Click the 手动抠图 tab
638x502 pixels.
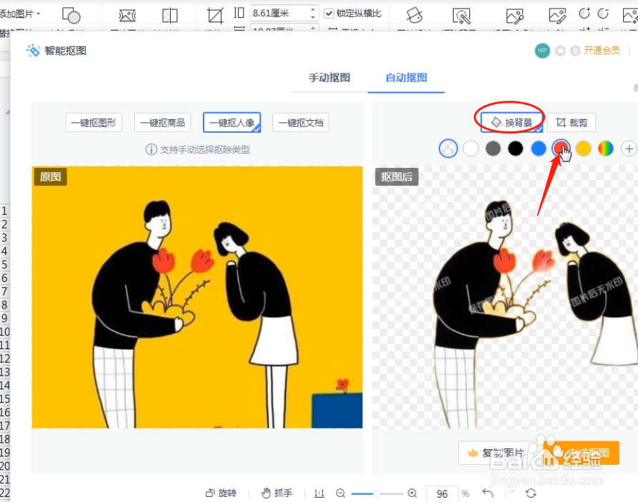click(x=329, y=78)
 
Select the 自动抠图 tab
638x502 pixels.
click(x=406, y=78)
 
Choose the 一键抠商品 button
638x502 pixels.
click(x=163, y=123)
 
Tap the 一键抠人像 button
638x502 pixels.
click(x=231, y=123)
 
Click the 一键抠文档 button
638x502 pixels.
click(x=300, y=123)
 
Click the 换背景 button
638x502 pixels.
click(x=512, y=123)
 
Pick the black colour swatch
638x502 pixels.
click(x=515, y=149)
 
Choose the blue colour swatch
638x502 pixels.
click(x=539, y=149)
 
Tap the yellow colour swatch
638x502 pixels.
click(x=584, y=149)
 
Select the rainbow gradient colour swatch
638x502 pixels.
click(x=606, y=149)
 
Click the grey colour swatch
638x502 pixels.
click(x=493, y=149)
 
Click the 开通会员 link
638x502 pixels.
click(x=602, y=51)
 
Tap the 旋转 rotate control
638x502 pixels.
click(x=221, y=493)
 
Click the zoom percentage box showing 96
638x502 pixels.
click(x=442, y=494)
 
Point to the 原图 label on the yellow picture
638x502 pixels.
click(x=50, y=177)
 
